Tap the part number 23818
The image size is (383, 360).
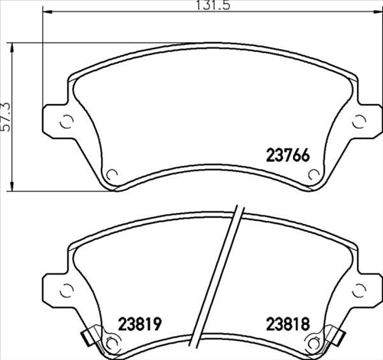click(284, 323)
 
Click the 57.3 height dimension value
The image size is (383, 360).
click(8, 116)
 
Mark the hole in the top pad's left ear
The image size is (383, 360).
click(64, 120)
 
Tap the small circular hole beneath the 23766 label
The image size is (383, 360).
click(312, 174)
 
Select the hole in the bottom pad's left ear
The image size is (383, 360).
click(64, 290)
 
